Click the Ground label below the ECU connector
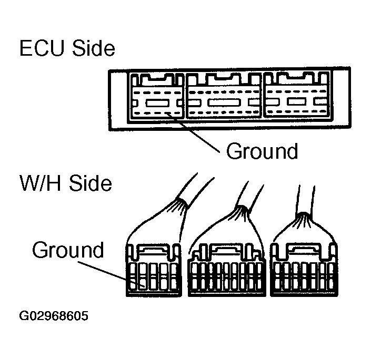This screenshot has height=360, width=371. tap(262, 151)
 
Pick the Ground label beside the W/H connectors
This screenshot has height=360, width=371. tap(68, 250)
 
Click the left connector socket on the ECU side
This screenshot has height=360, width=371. tap(156, 99)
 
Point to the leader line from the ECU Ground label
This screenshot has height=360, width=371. tap(194, 134)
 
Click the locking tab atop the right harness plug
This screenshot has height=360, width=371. tap(304, 247)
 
